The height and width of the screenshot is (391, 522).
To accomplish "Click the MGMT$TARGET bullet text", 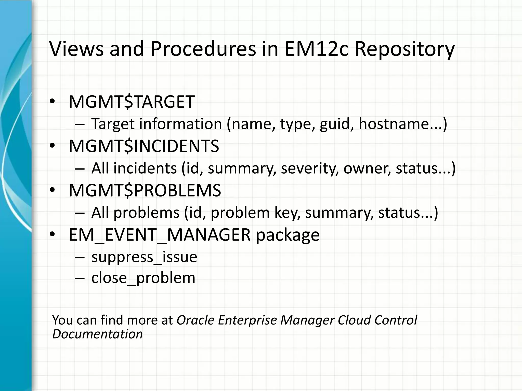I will click(132, 102).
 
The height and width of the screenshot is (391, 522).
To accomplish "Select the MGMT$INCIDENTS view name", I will click(144, 146).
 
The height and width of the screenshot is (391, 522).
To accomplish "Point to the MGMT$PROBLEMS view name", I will click(145, 190).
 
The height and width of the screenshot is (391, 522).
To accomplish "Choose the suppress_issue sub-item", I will click(144, 257).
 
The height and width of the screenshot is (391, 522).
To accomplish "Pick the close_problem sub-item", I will click(143, 278).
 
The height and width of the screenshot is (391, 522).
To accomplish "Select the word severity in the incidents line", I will click(310, 169).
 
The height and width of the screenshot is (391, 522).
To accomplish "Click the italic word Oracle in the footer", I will click(195, 320).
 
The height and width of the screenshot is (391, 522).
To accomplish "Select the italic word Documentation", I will click(97, 334).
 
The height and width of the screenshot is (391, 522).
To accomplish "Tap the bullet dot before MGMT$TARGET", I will click(52, 102).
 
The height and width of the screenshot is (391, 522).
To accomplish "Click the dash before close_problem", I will click(80, 278).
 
